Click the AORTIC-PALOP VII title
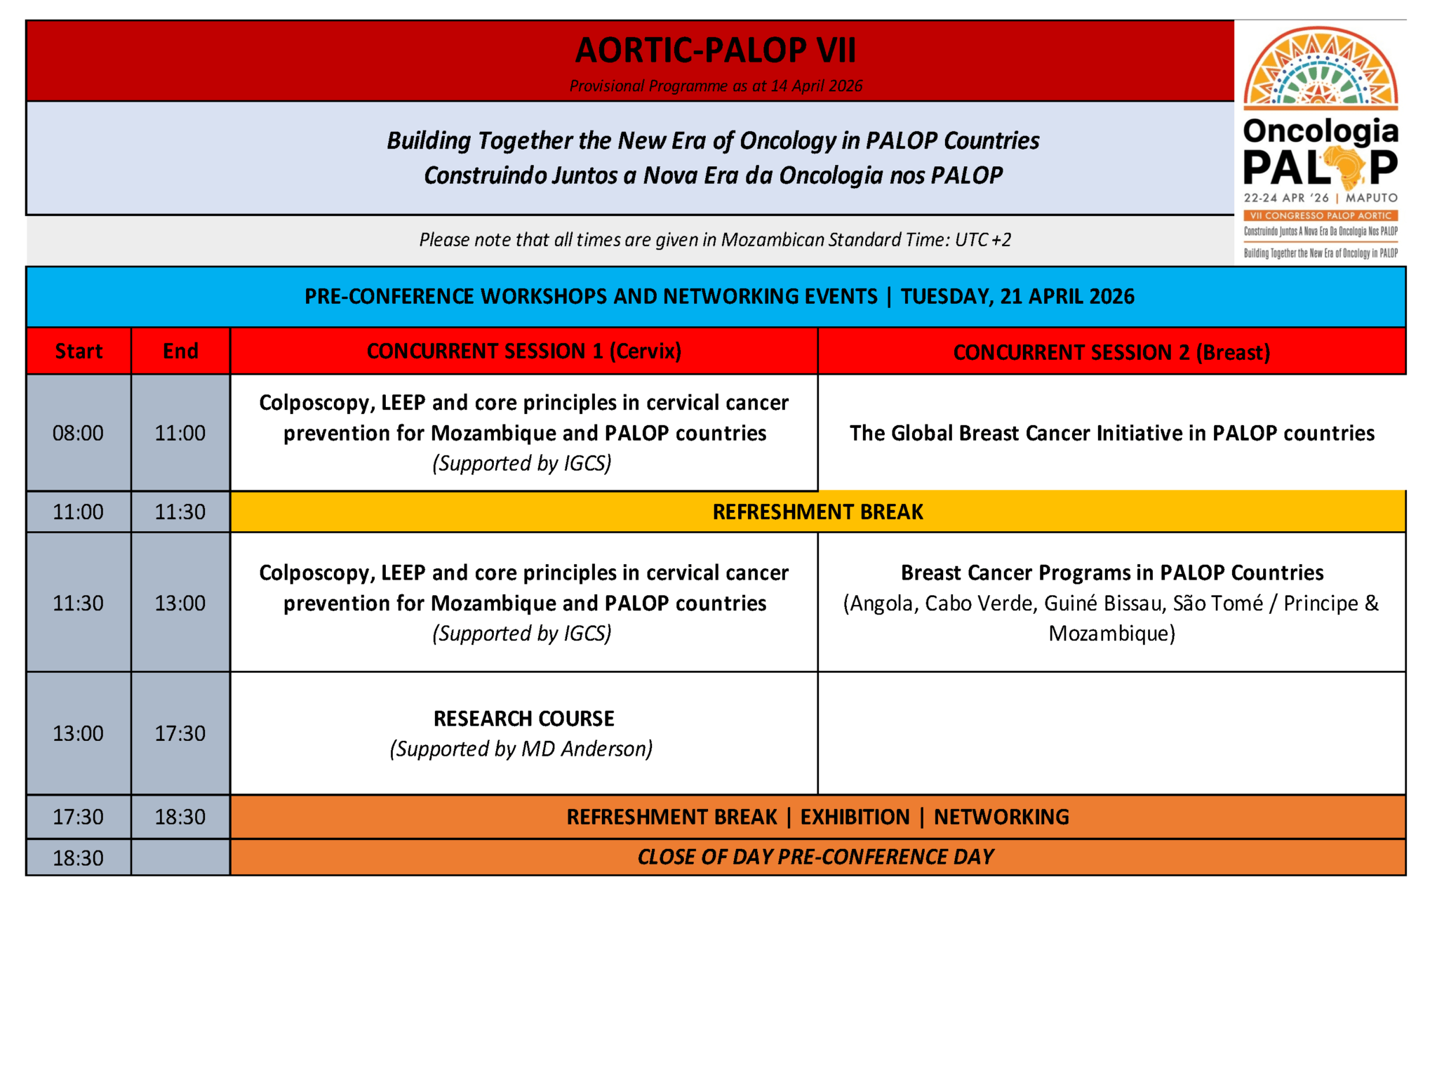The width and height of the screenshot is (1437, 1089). (x=715, y=51)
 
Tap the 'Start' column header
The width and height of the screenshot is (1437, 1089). (x=79, y=351)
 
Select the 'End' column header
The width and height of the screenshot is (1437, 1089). (x=180, y=351)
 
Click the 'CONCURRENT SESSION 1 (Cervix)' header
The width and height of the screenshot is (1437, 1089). (x=523, y=351)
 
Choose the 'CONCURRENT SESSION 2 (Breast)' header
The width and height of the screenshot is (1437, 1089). (x=1111, y=352)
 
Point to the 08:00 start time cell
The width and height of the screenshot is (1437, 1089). (x=78, y=433)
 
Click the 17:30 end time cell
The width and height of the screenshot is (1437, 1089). (x=180, y=733)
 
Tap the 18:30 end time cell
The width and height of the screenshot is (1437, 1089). (x=180, y=817)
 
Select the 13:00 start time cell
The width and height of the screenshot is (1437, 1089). (x=78, y=733)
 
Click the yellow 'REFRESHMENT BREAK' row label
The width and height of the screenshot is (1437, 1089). (x=817, y=512)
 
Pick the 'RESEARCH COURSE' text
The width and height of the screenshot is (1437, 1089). (x=523, y=719)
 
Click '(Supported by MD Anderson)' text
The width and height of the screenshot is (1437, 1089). (x=521, y=749)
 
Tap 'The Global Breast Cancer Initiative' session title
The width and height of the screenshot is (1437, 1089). (x=1111, y=433)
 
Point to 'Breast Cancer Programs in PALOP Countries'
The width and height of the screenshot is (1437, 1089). (x=1111, y=573)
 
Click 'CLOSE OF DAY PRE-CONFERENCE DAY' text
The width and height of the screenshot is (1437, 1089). (x=815, y=857)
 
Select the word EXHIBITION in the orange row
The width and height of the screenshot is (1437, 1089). (x=855, y=817)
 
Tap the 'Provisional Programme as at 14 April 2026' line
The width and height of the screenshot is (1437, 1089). (x=715, y=86)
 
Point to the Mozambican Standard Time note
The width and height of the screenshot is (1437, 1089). (x=715, y=240)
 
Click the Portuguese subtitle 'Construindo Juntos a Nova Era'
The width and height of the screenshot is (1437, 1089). (x=713, y=175)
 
